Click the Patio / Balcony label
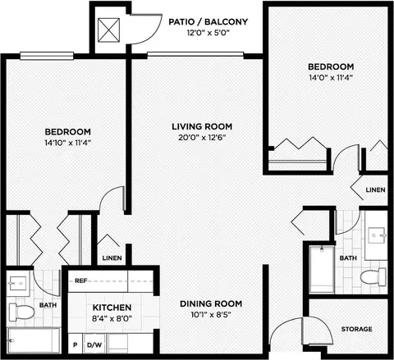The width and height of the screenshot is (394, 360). [208, 21]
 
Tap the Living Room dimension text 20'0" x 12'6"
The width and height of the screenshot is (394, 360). [202, 137]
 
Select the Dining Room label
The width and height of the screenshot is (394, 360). [211, 303]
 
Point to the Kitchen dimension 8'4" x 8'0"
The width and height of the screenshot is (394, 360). [112, 318]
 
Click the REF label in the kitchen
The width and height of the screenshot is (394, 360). [81, 280]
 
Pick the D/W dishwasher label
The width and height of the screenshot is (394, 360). [94, 345]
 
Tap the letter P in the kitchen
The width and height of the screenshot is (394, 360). [75, 345]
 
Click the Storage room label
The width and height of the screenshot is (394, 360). [356, 329]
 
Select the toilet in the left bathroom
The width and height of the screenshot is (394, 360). [21, 312]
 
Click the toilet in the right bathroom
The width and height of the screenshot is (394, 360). [373, 277]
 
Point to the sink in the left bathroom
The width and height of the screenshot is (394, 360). [18, 283]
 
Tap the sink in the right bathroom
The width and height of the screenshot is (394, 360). [378, 235]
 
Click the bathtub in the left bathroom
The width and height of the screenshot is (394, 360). [34, 340]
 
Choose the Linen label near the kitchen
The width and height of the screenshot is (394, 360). [112, 258]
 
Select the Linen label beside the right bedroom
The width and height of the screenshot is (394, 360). [375, 189]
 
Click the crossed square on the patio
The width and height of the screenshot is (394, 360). [108, 30]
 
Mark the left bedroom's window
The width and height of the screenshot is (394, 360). [47, 56]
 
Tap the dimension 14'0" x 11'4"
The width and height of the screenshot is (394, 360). [331, 78]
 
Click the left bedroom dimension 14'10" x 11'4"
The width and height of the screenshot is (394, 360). [67, 143]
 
